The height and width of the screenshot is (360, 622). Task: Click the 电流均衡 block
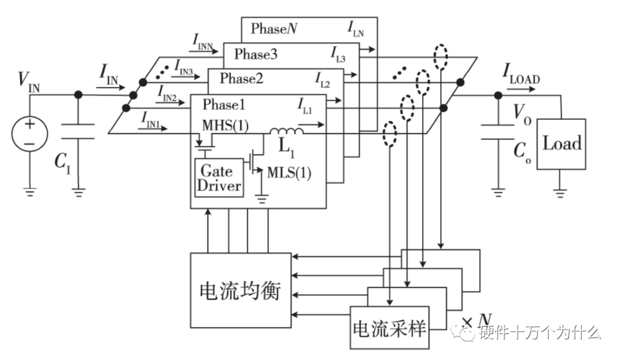[240, 290]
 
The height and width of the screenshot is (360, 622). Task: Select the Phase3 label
[256, 55]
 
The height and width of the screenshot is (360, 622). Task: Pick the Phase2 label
[241, 78]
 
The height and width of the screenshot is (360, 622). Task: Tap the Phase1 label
[225, 105]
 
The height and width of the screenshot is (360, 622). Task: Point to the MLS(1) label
[290, 173]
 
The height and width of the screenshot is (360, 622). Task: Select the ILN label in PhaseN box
[355, 28]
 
